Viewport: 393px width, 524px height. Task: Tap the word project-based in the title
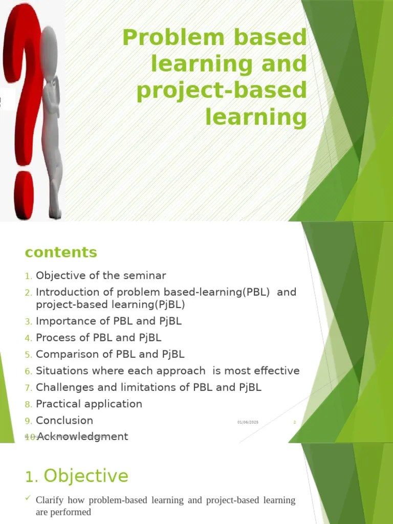(222, 91)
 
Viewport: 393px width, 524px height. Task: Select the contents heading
(60, 252)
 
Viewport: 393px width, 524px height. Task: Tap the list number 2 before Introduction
(29, 293)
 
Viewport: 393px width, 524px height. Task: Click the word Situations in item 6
(61, 370)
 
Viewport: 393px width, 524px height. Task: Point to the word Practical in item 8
(58, 404)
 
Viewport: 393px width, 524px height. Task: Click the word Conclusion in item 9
(64, 420)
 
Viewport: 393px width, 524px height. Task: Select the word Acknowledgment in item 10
(82, 436)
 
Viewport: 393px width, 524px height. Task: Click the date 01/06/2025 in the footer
(248, 422)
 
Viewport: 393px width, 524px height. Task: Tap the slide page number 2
(295, 422)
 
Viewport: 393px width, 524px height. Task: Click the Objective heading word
(86, 476)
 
